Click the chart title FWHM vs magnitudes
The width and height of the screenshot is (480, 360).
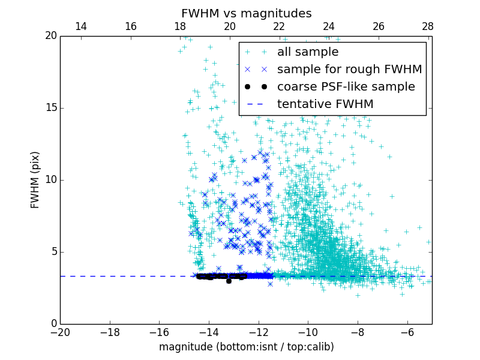point(246,13)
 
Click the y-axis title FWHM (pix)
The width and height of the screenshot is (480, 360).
point(35,179)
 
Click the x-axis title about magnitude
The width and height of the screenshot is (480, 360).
point(246,347)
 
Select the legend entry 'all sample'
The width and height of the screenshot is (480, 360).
point(307,52)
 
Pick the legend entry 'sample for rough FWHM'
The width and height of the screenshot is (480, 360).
point(349,70)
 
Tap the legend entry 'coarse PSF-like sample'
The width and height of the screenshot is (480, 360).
point(346,87)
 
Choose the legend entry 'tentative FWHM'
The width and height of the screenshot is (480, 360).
point(325,104)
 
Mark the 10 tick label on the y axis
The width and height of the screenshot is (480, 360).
point(49,180)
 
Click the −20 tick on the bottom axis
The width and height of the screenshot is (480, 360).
point(60,332)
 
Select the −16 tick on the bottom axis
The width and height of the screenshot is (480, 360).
point(159,332)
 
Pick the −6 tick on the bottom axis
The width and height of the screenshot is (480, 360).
point(407,332)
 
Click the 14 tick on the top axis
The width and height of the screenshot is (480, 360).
point(80,26)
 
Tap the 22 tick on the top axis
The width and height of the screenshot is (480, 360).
point(279,26)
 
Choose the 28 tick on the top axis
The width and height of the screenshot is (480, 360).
point(428,26)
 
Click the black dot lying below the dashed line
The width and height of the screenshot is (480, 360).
point(229,281)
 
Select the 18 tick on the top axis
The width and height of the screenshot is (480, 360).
point(180,26)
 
